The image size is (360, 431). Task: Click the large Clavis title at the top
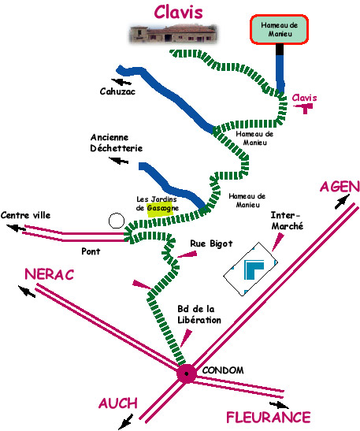tap(178, 12)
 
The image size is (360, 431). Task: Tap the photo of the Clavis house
tap(173, 34)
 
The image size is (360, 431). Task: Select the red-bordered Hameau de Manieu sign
tap(279, 29)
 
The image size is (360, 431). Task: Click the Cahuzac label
tap(117, 91)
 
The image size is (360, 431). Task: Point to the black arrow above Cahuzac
tap(121, 81)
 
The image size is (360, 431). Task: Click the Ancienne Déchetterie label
tap(117, 143)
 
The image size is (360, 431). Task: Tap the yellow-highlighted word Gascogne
tap(163, 209)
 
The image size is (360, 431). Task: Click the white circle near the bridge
tap(117, 221)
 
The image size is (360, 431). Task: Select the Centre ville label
tap(25, 215)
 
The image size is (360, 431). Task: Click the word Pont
tap(91, 251)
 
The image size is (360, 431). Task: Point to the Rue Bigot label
tap(211, 243)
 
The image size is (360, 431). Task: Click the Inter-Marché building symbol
tap(250, 269)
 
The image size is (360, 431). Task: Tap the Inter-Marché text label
tap(288, 221)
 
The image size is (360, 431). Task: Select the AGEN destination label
tap(340, 188)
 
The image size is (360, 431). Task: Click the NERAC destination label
tap(50, 274)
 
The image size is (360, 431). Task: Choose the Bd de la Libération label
tap(199, 314)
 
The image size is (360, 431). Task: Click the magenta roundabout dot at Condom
tap(187, 373)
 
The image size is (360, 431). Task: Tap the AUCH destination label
tap(118, 403)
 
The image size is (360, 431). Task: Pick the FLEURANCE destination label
tap(269, 418)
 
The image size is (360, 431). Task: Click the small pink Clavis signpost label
tap(304, 98)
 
